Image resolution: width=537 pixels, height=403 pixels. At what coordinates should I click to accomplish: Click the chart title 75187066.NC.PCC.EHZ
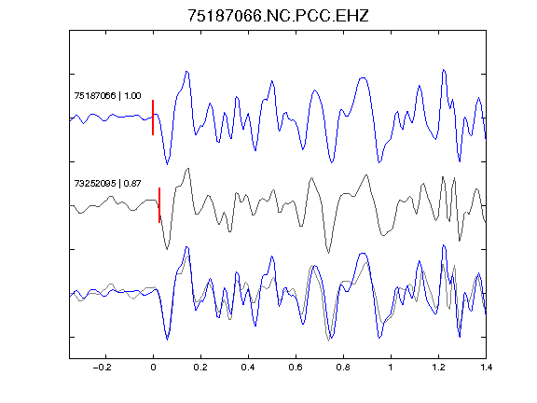click(x=278, y=16)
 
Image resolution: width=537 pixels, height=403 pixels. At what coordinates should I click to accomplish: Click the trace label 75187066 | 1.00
click(x=107, y=95)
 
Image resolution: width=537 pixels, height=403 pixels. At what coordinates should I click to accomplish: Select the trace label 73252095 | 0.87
click(x=107, y=184)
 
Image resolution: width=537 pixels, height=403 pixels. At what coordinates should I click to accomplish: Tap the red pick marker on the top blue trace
click(x=153, y=118)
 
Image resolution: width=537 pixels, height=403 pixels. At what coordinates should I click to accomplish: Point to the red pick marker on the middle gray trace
click(x=159, y=205)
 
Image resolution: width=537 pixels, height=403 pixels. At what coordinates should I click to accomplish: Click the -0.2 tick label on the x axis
click(x=103, y=368)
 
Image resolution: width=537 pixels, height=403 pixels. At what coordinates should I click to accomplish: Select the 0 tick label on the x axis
click(x=153, y=368)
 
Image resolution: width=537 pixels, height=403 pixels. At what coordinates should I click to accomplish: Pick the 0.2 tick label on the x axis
click(x=200, y=368)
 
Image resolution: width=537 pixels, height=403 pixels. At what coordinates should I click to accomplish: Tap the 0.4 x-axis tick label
click(x=248, y=368)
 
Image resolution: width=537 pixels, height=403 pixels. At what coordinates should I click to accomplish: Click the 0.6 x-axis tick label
click(x=296, y=368)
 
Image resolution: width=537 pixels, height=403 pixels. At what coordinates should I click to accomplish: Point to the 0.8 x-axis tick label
click(x=343, y=368)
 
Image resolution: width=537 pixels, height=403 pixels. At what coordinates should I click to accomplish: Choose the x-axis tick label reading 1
click(x=391, y=368)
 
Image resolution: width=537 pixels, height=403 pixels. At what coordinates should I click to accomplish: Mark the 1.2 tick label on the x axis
click(x=438, y=368)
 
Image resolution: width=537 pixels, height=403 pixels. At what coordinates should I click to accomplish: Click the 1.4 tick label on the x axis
click(x=486, y=368)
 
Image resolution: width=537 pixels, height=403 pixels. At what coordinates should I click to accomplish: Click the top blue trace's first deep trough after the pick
click(x=167, y=164)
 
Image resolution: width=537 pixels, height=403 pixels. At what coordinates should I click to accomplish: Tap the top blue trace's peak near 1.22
click(x=444, y=70)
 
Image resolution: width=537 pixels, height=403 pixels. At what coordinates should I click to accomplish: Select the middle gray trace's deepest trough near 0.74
click(x=328, y=253)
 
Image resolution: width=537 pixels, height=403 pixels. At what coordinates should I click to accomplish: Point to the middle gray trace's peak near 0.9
click(x=366, y=175)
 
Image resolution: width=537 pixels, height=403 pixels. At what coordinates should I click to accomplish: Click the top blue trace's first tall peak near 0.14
click(x=186, y=72)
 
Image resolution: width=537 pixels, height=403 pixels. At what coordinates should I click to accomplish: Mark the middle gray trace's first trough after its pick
click(x=167, y=249)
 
